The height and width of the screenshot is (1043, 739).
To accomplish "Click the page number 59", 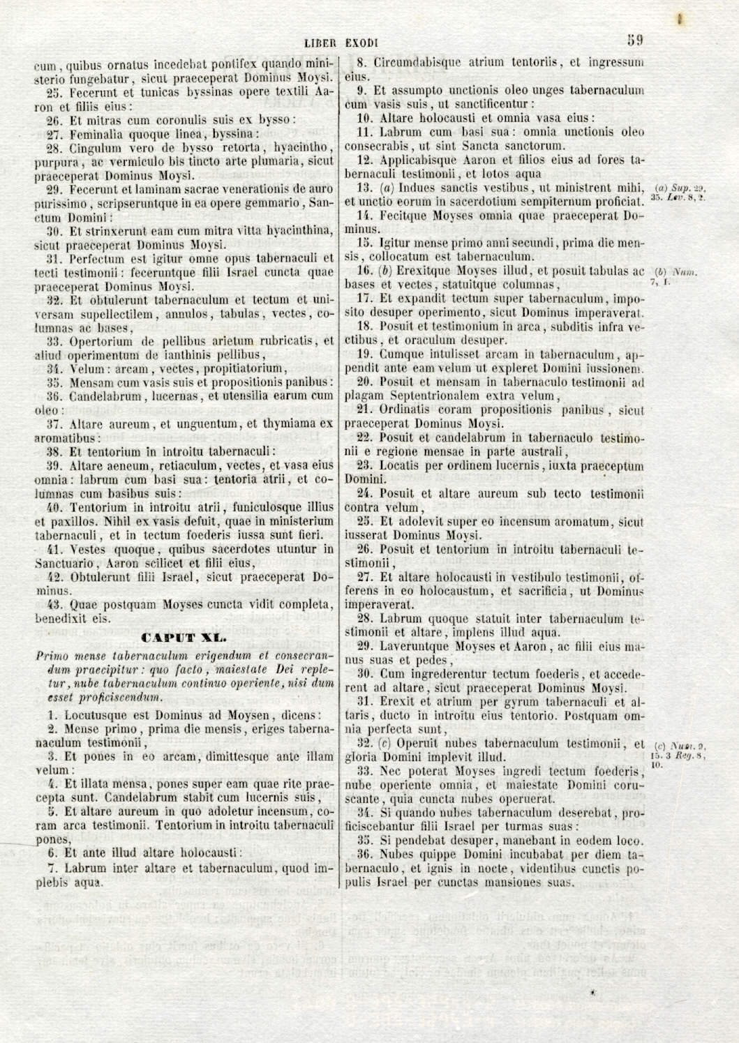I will point(634,40).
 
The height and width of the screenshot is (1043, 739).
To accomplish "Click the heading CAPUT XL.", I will point(184,637).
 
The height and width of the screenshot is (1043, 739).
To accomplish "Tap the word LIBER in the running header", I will point(320,43).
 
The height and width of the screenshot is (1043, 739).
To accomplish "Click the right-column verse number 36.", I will point(364,855).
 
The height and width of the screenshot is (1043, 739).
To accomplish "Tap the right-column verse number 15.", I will point(364,243).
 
